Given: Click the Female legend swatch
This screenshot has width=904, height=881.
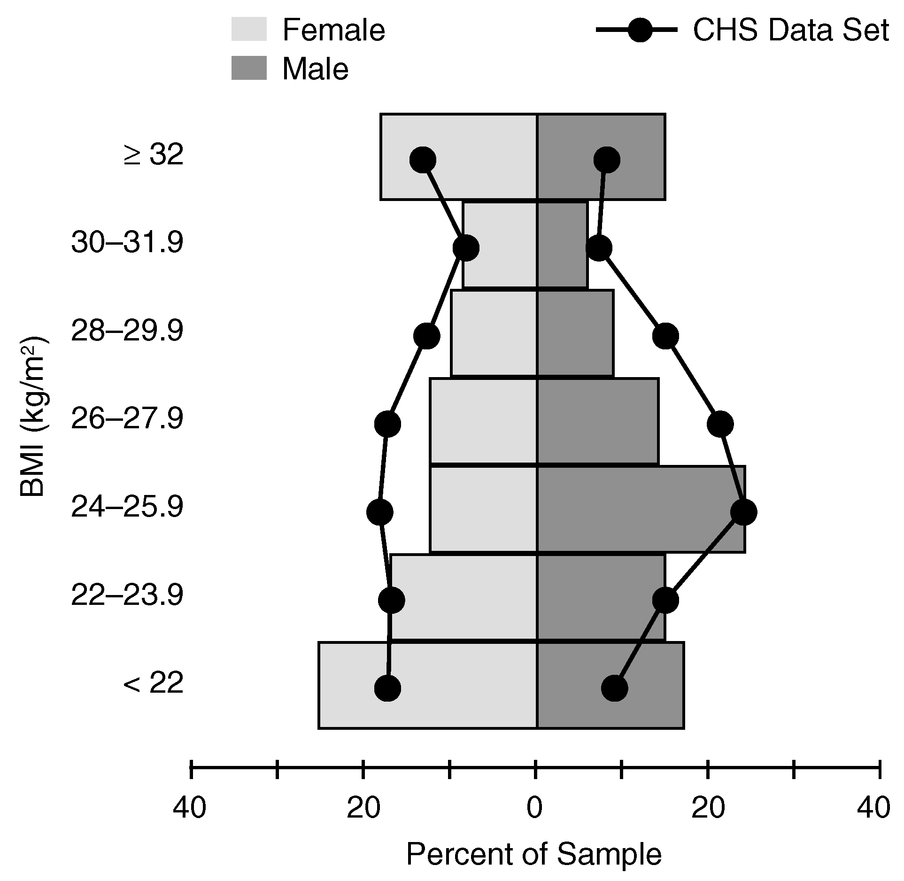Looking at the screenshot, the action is [x=249, y=29].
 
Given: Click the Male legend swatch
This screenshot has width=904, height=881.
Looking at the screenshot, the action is [x=249, y=68].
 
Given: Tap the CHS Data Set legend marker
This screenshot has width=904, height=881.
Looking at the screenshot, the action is [x=640, y=30].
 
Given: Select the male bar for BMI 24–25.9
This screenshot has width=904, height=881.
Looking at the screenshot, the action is [x=641, y=509].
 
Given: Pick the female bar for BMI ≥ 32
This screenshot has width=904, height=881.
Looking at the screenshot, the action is [x=459, y=157].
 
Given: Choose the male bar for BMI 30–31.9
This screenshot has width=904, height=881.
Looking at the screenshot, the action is [x=562, y=244].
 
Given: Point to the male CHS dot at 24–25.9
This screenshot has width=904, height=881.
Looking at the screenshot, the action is [x=743, y=512].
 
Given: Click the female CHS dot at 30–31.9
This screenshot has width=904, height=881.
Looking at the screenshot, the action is [x=466, y=248].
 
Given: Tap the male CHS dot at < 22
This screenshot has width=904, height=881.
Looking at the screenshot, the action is [x=614, y=688].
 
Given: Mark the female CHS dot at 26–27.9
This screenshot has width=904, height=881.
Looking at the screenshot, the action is [x=387, y=424].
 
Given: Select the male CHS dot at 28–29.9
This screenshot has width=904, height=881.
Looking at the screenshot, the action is [x=665, y=336].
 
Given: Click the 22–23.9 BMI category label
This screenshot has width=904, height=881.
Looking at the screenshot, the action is [x=127, y=596].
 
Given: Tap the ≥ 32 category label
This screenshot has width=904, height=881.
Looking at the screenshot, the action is [x=153, y=155].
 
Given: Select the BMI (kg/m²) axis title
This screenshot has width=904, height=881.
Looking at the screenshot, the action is [x=34, y=415].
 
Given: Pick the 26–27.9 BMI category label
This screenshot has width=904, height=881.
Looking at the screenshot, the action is [x=127, y=419].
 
